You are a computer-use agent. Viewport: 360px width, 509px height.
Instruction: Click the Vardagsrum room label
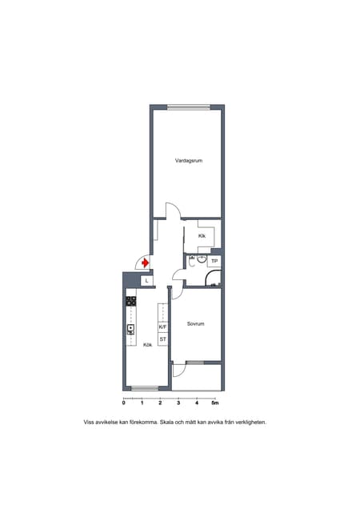pos(189,160)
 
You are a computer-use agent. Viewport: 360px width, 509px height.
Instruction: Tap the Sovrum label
pos(196,323)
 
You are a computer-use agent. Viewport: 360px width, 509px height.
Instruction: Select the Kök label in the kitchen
pos(148,345)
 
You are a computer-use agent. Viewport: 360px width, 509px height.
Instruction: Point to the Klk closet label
pos(202,236)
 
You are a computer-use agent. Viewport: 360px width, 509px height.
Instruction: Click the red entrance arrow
pos(146,263)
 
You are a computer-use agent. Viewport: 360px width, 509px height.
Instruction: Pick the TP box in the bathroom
pos(214,261)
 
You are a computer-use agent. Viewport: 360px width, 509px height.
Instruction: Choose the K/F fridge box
pos(162,327)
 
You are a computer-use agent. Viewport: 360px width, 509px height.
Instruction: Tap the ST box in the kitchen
pos(162,339)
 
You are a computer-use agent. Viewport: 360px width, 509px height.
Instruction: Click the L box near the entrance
pos(146,281)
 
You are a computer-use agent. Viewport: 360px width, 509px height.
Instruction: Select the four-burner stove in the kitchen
pos(131,301)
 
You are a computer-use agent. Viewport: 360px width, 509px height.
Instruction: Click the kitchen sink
pos(131,330)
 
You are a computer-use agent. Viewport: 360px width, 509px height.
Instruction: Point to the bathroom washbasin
pos(202,259)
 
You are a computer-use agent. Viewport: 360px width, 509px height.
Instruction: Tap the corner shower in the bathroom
pos(214,279)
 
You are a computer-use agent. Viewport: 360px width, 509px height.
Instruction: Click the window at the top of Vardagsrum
pos(189,107)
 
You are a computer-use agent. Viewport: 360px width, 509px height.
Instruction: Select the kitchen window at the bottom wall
pos(145,388)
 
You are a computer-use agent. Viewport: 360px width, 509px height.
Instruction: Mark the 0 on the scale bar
pos(124,403)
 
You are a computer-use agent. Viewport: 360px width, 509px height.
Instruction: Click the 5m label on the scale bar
pos(215,403)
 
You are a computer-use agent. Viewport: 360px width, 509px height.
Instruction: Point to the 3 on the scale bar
pos(178,403)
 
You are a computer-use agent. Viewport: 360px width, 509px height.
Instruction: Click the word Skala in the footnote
pos(166,423)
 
